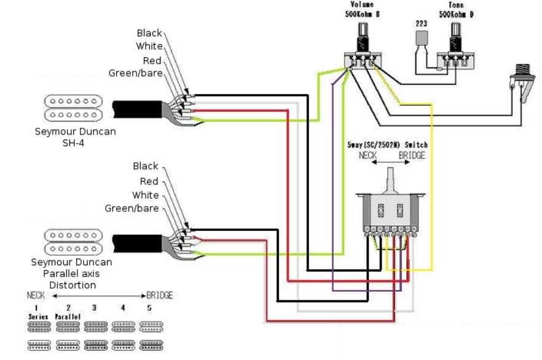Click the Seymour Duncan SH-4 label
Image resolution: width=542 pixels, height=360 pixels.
coord(75,136)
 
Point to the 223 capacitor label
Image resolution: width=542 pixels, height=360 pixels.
coord(421,23)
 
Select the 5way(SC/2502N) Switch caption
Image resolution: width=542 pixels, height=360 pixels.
coord(388,145)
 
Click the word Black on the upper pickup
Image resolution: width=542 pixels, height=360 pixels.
coord(149,33)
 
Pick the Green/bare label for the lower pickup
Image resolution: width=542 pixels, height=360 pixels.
coord(132,208)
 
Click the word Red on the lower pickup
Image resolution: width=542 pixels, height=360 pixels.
coord(149,181)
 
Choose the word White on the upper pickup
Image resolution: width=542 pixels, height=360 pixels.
coord(149,47)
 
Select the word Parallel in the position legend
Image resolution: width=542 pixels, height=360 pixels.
coord(68,316)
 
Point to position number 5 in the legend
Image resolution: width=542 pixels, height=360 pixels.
coord(149,307)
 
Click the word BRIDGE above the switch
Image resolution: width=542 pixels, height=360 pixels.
coord(412,155)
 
